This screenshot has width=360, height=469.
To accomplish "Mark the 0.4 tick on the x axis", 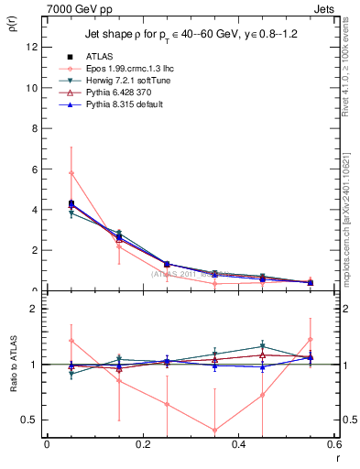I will point(239,444).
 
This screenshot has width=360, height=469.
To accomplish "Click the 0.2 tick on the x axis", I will point(143,444).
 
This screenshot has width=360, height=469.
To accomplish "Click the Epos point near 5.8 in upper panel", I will point(71,173).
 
